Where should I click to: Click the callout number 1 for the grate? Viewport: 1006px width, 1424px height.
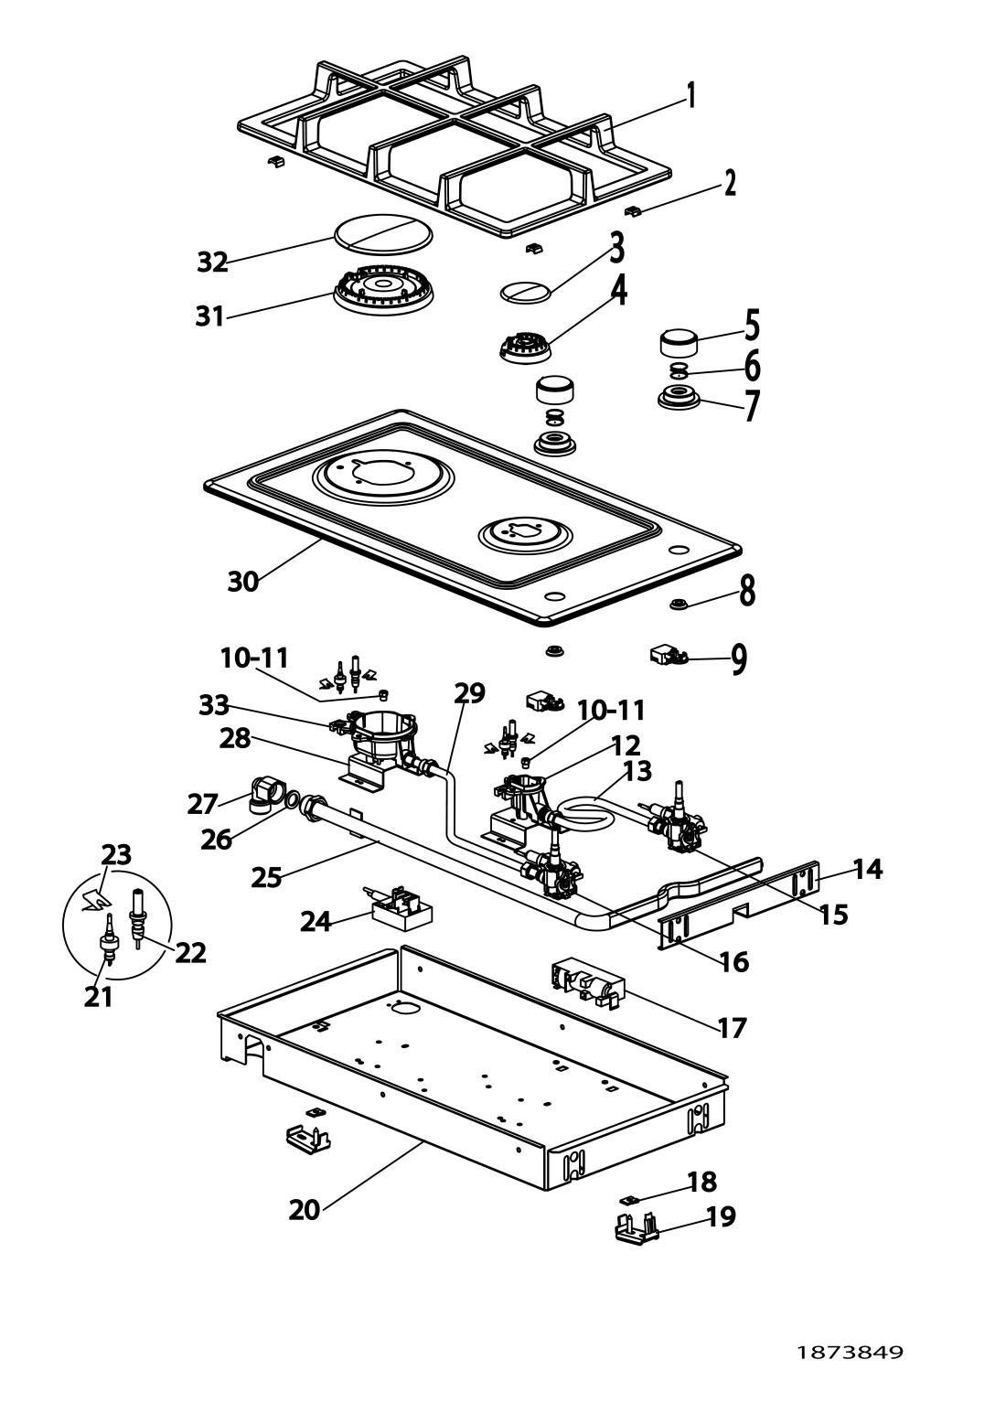click(x=690, y=96)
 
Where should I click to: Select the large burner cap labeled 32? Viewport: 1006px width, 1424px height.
click(x=382, y=232)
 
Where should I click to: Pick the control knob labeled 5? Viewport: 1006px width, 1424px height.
click(x=679, y=344)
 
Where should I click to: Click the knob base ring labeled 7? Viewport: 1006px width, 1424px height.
click(x=680, y=397)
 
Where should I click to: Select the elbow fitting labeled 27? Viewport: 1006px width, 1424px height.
click(x=265, y=796)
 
